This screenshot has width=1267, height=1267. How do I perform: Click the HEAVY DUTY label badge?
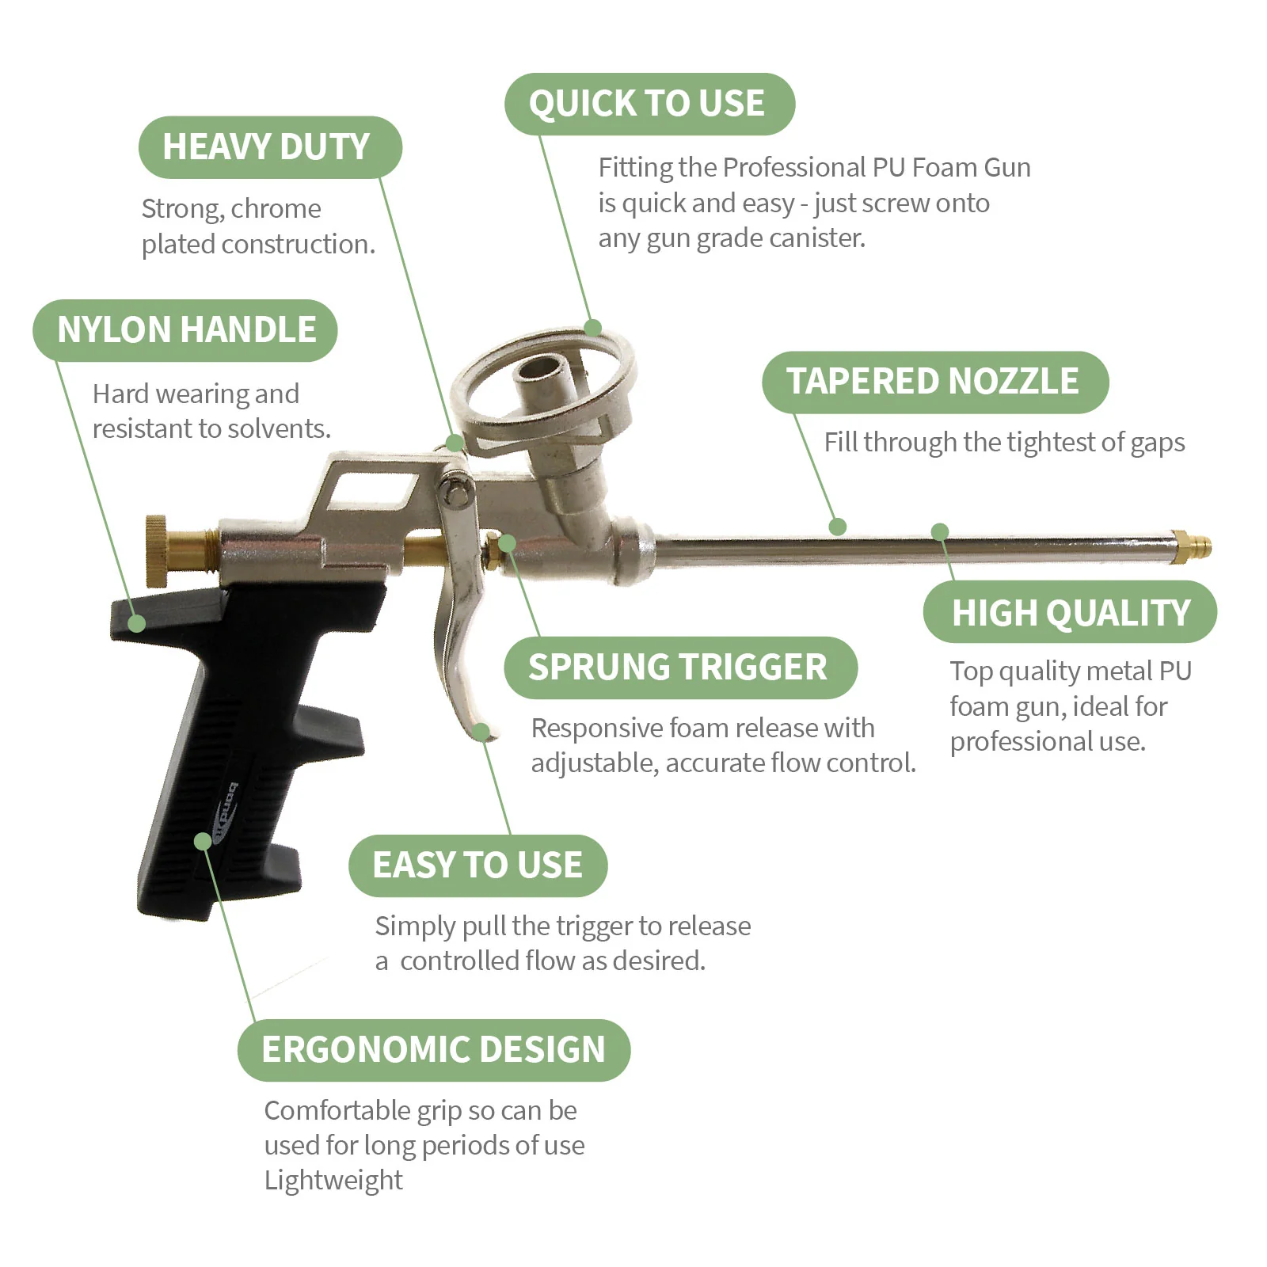pos(269,147)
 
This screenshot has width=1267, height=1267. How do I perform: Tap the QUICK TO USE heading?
pos(648,104)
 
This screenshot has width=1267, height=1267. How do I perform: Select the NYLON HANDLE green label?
pos(185,330)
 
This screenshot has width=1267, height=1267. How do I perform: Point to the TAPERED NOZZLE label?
pos(934,382)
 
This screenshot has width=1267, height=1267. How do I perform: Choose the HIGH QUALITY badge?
pos(1070,612)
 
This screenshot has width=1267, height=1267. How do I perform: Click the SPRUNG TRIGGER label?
pos(679,668)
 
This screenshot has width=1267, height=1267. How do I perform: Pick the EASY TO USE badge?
pos(478,866)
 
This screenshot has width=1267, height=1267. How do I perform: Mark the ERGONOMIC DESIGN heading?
pos(433,1050)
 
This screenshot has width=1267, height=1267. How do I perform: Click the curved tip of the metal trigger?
pos(482,732)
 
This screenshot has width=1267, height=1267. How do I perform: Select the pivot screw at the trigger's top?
pos(456,491)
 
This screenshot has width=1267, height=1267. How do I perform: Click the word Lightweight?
pos(333,1180)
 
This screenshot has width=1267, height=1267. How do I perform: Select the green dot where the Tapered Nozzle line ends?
pos(837,527)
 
